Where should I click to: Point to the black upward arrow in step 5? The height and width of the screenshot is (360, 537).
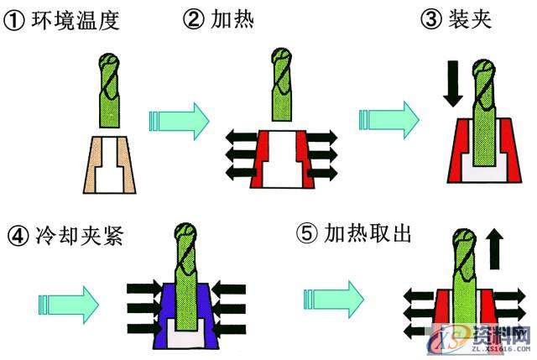pyautogui.click(x=494, y=250)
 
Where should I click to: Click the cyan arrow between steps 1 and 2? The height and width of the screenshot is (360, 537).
pyautogui.click(x=178, y=122)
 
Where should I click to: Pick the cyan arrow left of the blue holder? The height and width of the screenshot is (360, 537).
pyautogui.click(x=68, y=298)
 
